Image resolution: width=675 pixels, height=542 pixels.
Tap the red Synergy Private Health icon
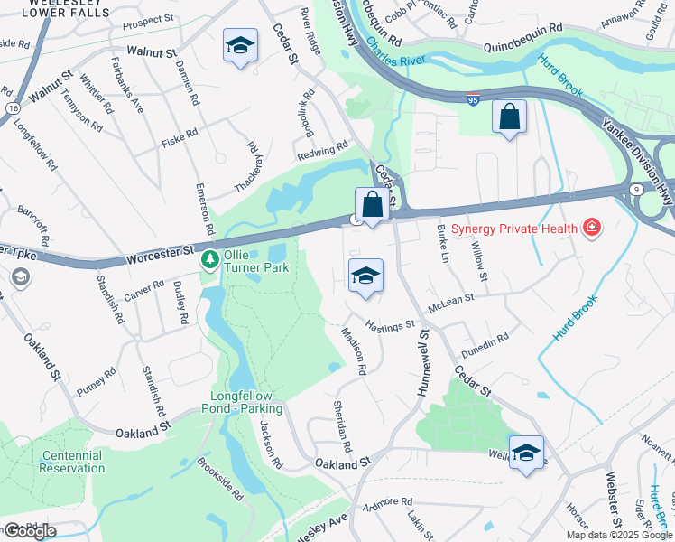592,227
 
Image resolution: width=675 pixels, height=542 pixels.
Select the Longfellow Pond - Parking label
246,402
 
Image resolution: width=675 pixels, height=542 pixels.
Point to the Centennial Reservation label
72,462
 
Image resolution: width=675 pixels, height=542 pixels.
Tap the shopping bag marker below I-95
509,117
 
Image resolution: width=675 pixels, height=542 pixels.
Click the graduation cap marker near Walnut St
241,46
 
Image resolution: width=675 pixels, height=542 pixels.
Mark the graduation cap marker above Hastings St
365,276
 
